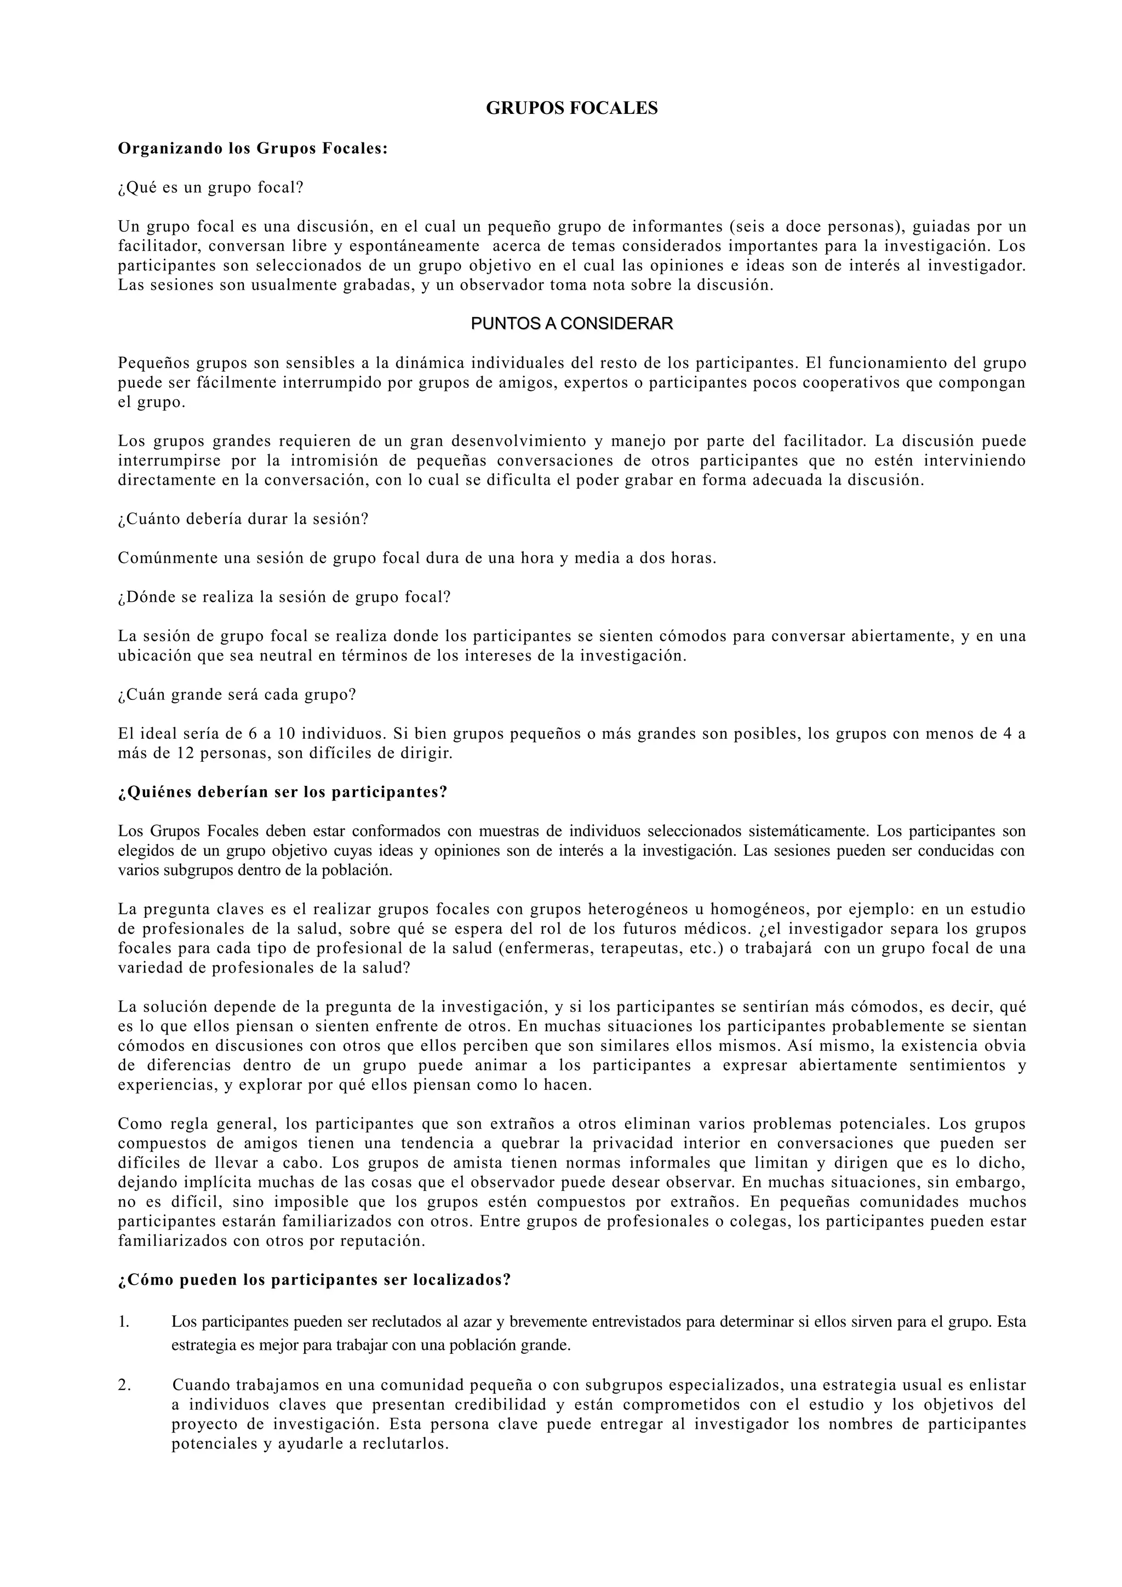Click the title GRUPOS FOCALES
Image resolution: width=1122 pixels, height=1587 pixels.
tap(572, 108)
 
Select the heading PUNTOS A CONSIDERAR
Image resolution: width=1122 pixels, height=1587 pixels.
tap(572, 324)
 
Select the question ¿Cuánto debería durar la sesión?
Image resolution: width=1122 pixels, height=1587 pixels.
tap(243, 519)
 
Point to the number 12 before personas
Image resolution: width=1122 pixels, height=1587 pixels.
tap(185, 754)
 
